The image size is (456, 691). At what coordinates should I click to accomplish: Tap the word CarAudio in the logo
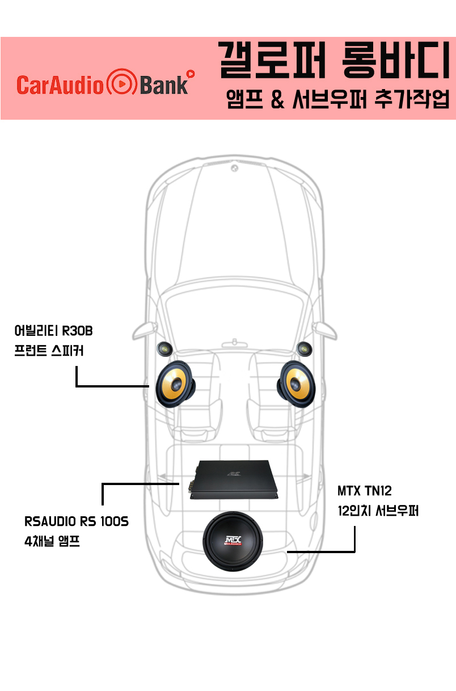point(60,85)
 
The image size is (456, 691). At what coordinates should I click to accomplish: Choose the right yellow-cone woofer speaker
point(296,384)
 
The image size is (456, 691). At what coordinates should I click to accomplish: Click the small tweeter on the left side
point(164,348)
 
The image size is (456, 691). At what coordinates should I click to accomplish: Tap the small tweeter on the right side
point(305,348)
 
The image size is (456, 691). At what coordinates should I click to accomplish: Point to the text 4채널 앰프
point(52,542)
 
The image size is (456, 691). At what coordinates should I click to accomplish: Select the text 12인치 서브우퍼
point(378,510)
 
